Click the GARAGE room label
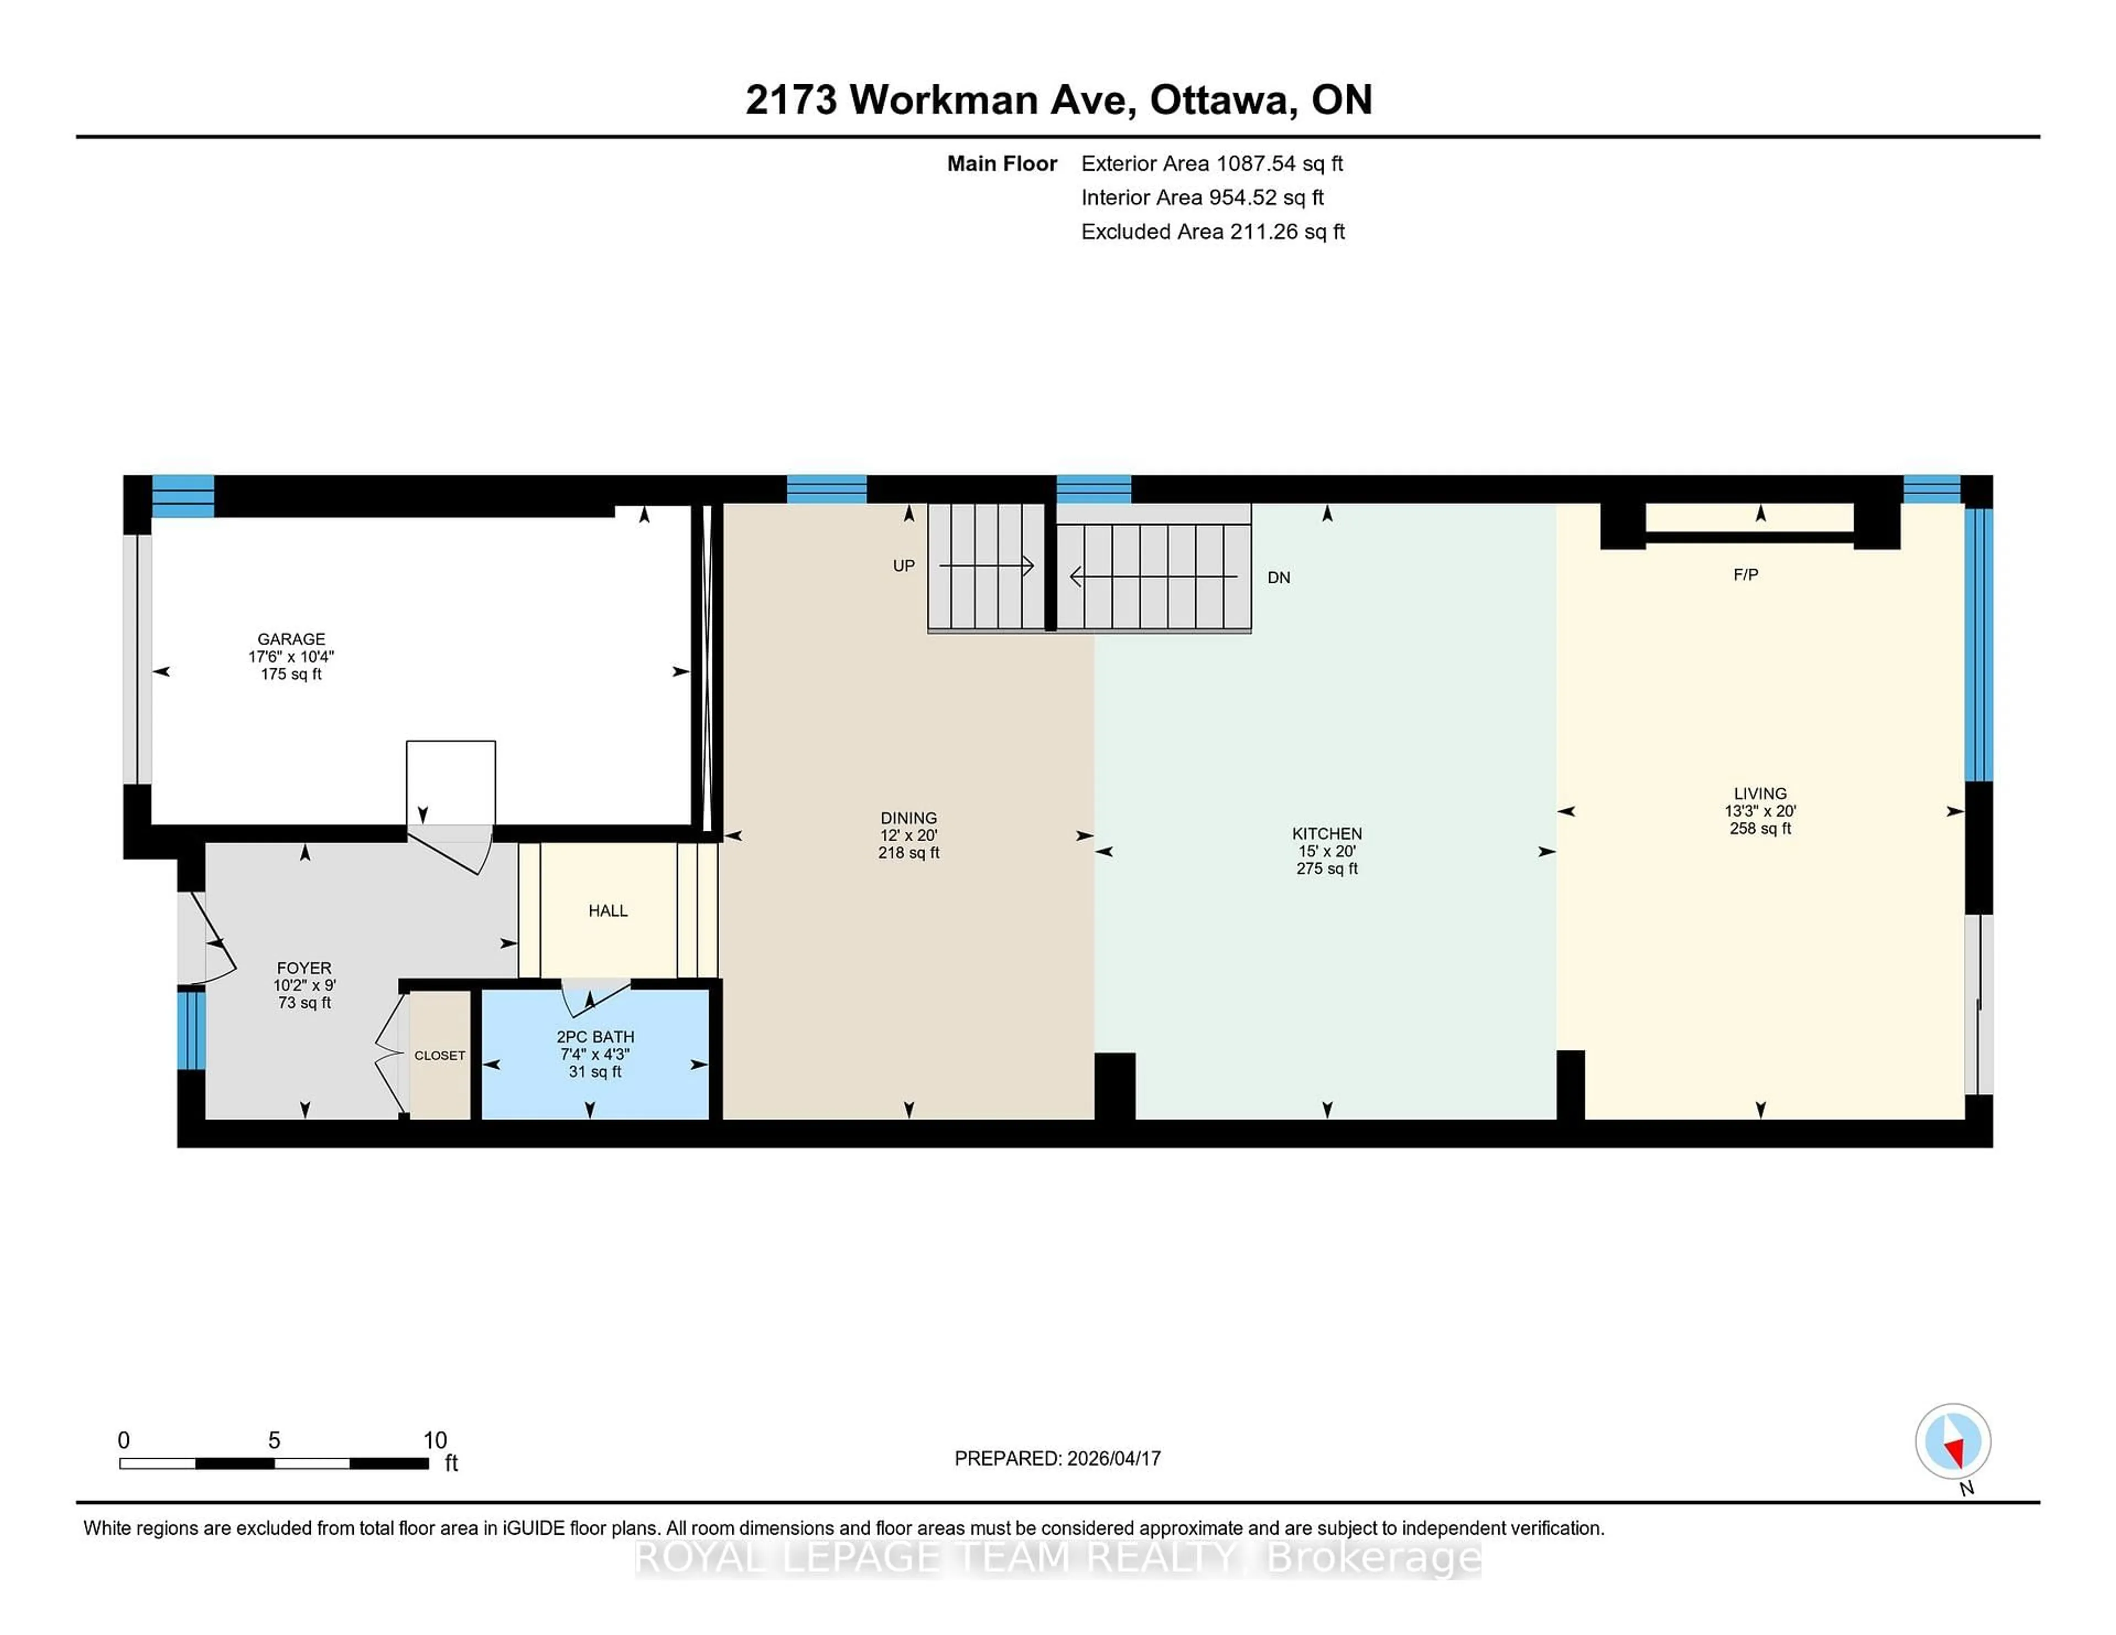290,639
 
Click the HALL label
607,911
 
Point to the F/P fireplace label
1745,575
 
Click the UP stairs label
903,566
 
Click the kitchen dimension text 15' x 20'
1326,852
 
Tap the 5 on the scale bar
274,1441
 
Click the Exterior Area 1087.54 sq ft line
1211,164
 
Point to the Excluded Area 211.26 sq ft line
1212,231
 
